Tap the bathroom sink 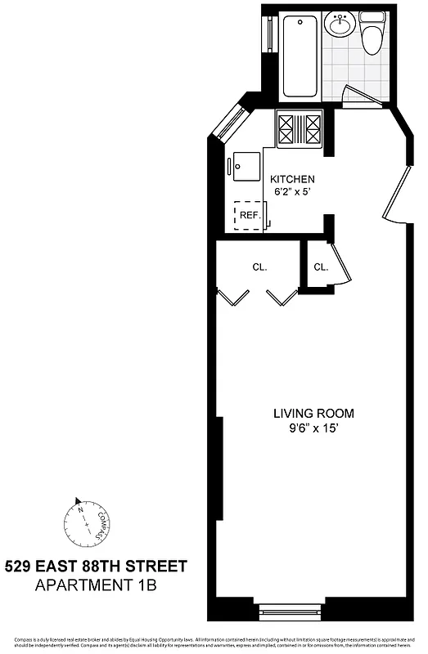click(x=339, y=26)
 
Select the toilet click(x=372, y=35)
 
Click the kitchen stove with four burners click(x=300, y=129)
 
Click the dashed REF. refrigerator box click(x=249, y=216)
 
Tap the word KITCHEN click(x=292, y=180)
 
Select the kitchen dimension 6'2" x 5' click(x=292, y=193)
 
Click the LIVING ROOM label click(x=313, y=413)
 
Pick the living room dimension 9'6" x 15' click(x=313, y=427)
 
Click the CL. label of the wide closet click(x=259, y=267)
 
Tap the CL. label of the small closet click(x=320, y=267)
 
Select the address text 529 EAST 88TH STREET click(x=96, y=565)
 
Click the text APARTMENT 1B click(x=96, y=585)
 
